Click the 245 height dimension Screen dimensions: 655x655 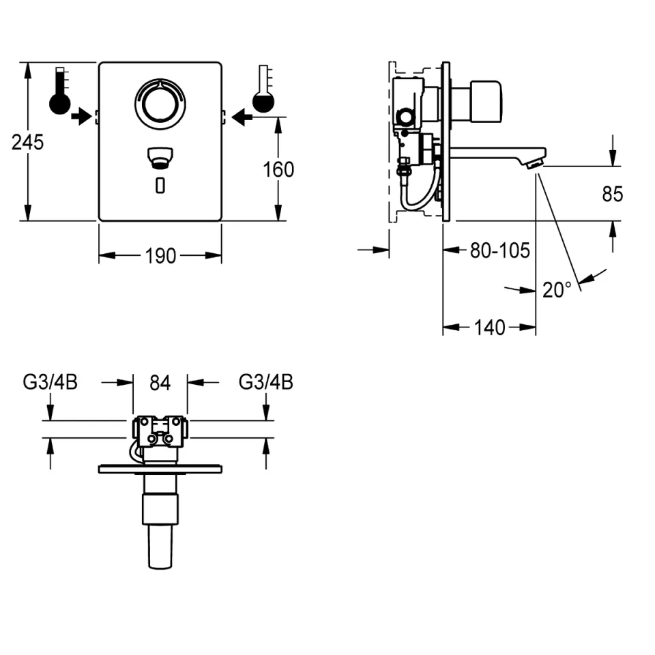(x=27, y=143)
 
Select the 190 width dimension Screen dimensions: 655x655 (x=160, y=256)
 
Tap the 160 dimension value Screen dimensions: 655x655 (x=278, y=170)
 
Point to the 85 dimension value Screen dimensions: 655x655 (x=613, y=194)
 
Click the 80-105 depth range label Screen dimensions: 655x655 (x=500, y=250)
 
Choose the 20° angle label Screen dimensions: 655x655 (x=557, y=289)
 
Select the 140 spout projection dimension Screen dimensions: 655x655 (x=490, y=327)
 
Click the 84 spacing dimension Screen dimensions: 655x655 (x=160, y=383)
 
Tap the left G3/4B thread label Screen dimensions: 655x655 (x=50, y=382)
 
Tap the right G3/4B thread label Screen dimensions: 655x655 (x=265, y=382)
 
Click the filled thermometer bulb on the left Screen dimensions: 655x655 (x=60, y=104)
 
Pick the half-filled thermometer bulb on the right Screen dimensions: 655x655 (x=263, y=102)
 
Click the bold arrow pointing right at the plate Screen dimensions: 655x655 (x=81, y=116)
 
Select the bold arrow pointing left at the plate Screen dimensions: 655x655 (x=242, y=117)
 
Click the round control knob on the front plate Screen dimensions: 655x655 (x=160, y=103)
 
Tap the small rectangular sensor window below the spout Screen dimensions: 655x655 (x=160, y=186)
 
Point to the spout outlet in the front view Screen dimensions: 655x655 (x=160, y=158)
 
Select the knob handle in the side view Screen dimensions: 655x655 (x=486, y=102)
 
